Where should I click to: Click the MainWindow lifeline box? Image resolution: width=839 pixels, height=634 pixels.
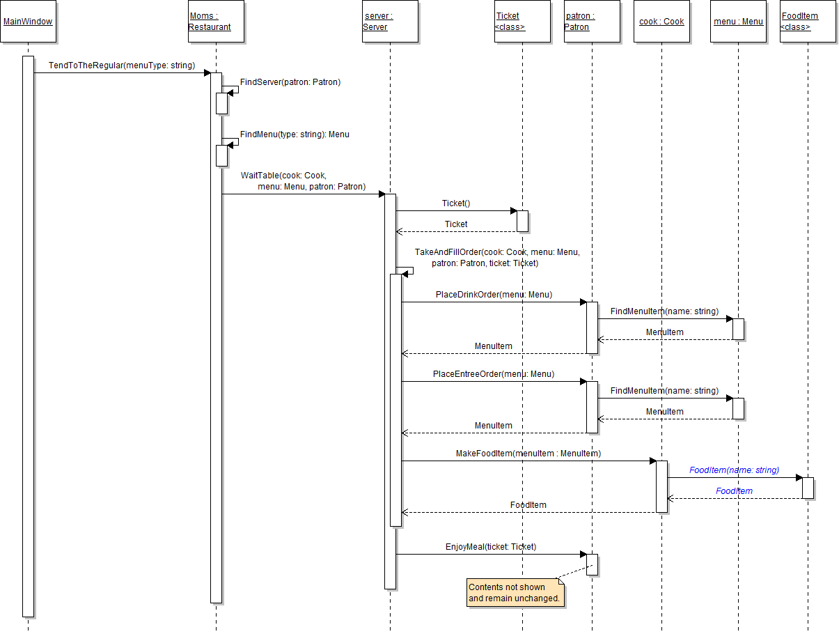[x=28, y=22]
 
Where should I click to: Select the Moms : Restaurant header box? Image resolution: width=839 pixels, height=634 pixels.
[x=216, y=22]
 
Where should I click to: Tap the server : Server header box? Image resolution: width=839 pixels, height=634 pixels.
[x=390, y=22]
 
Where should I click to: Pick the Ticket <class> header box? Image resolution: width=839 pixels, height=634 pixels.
[x=522, y=22]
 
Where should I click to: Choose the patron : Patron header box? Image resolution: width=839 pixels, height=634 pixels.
[x=592, y=22]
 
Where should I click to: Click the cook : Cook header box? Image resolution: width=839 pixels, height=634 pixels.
[x=661, y=22]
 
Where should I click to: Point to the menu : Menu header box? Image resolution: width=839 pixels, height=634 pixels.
[x=738, y=22]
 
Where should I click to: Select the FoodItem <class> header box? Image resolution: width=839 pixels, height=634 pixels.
[x=808, y=22]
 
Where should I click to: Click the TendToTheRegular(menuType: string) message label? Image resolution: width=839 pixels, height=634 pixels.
[x=122, y=65]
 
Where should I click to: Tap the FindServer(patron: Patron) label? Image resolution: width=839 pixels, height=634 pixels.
[x=290, y=82]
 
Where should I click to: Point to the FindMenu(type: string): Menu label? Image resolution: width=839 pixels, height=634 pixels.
[x=295, y=134]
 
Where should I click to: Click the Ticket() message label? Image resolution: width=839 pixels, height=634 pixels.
[x=456, y=203]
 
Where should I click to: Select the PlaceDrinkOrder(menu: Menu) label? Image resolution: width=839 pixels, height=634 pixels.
[x=494, y=295]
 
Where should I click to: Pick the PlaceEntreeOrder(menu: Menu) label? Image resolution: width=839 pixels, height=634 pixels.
[x=494, y=374]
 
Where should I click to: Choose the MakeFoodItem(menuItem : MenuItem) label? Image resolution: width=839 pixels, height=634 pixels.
[x=528, y=454]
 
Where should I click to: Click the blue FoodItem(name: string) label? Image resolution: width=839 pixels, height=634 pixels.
[x=734, y=470]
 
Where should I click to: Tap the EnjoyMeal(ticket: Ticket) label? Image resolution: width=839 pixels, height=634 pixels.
[x=491, y=547]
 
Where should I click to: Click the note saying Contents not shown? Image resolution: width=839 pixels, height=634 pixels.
[x=515, y=592]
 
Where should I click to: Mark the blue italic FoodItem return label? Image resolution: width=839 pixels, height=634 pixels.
[x=734, y=491]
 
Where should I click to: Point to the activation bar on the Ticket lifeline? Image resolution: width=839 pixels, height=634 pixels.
[x=522, y=221]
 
